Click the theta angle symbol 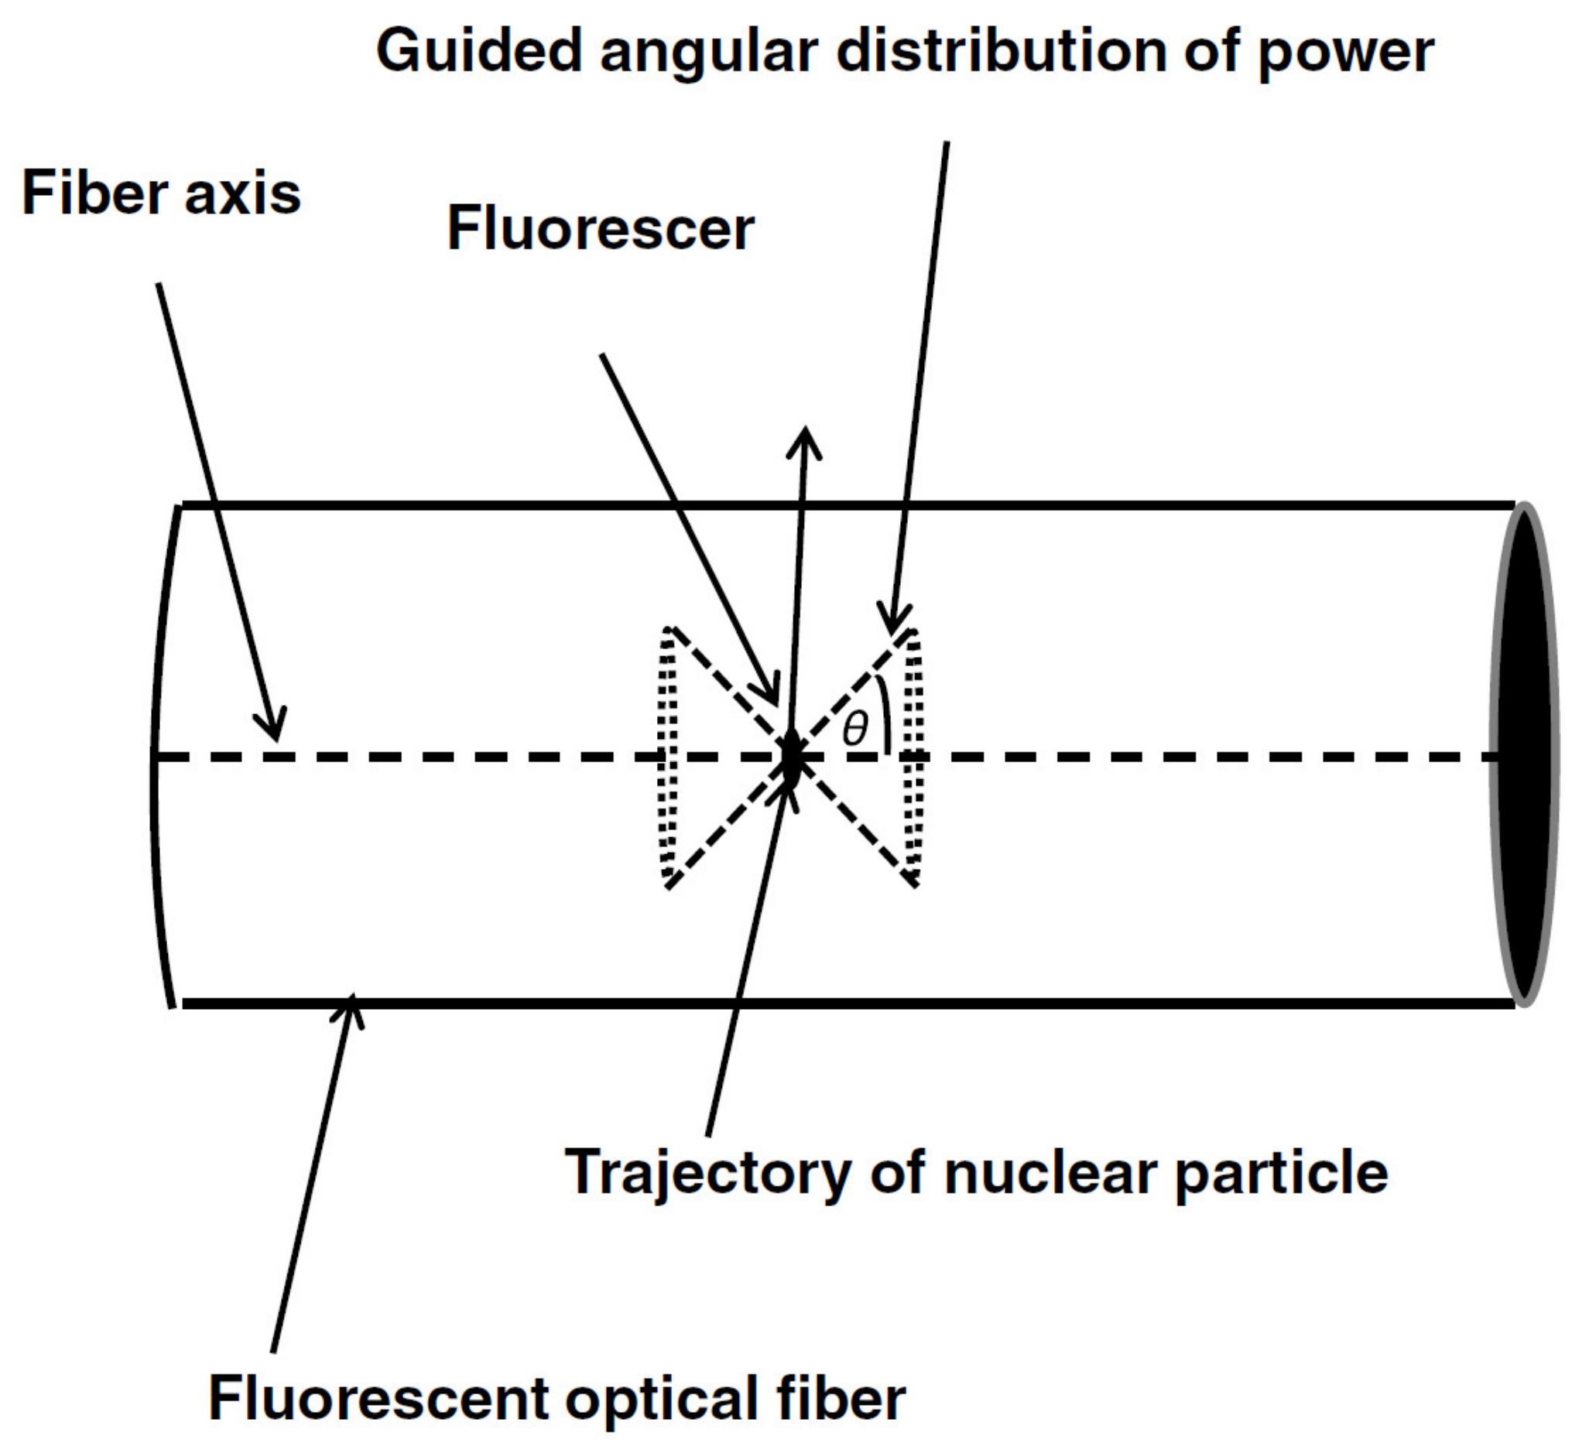click(x=854, y=730)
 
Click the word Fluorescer click(x=601, y=230)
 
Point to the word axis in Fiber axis click(x=242, y=193)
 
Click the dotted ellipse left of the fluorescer click(x=667, y=758)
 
